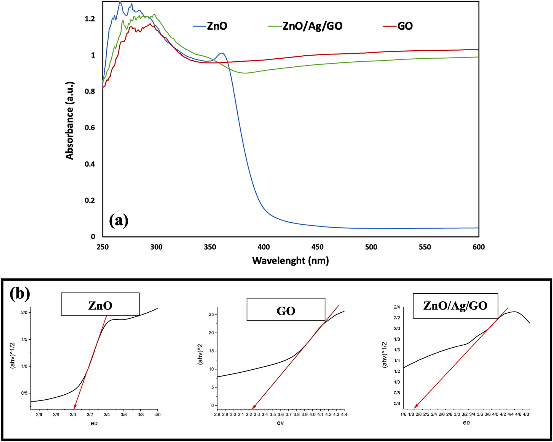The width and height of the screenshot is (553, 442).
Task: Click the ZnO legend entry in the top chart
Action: click(217, 26)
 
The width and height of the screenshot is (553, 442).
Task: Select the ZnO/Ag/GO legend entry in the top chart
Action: click(312, 26)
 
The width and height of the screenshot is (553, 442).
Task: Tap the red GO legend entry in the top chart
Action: click(405, 26)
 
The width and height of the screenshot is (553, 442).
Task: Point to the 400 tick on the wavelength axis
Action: click(264, 247)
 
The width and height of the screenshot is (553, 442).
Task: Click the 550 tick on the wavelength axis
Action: click(425, 247)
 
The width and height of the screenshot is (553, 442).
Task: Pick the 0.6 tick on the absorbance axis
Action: click(90, 128)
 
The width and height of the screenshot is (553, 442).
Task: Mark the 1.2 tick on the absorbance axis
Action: click(90, 19)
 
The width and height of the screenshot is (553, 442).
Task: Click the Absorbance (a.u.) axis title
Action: click(69, 121)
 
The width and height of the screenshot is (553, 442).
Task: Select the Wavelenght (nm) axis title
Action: click(291, 260)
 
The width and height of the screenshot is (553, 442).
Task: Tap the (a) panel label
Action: click(119, 221)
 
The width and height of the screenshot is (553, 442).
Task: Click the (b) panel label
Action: click(20, 294)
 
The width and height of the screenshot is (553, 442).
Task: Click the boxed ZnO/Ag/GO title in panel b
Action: click(455, 305)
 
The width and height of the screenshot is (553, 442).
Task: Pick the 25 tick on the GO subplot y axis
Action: click(211, 315)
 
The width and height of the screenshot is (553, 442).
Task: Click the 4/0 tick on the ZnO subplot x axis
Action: click(157, 414)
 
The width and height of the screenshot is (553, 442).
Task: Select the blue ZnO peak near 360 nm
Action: click(222, 53)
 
